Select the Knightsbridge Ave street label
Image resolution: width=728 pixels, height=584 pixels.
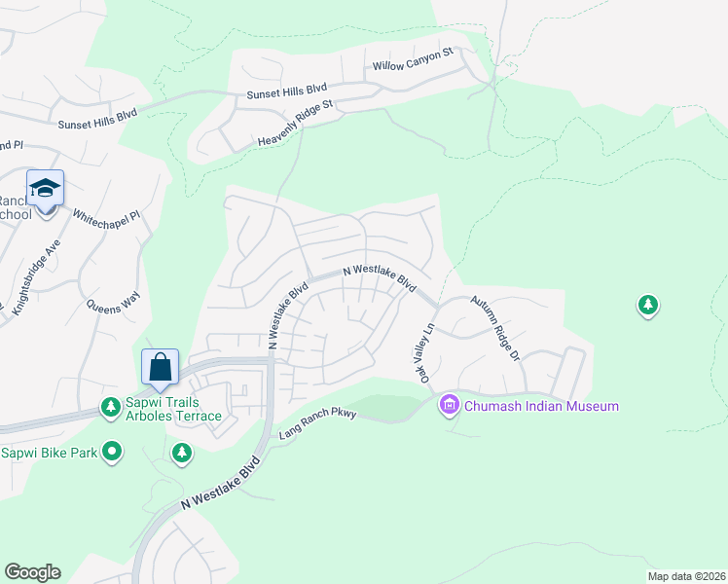[x=37, y=276]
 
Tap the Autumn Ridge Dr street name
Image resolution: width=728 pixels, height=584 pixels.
[x=496, y=329]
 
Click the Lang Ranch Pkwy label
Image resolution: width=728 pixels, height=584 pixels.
[x=318, y=423]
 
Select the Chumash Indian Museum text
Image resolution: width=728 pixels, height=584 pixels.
[x=541, y=405]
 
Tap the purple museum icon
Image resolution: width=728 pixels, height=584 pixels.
[x=449, y=404]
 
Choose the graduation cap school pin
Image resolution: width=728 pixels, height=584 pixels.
[x=45, y=187]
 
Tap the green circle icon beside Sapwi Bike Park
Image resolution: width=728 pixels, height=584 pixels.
[x=113, y=451]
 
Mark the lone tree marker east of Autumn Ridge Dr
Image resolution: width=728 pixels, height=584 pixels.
[x=647, y=306]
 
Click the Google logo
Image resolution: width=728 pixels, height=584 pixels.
[x=32, y=572]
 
